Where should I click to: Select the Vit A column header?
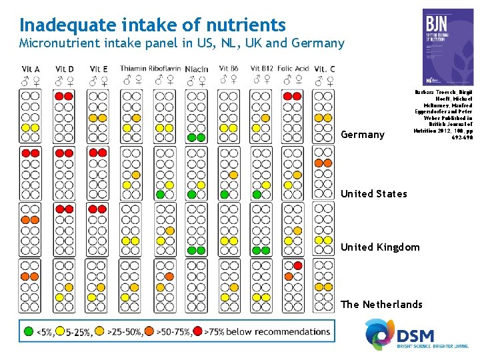pyautogui.click(x=31, y=69)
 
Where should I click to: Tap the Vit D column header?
pyautogui.click(x=65, y=69)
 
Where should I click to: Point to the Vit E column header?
pyautogui.click(x=98, y=69)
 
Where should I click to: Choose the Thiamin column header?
pyautogui.click(x=133, y=68)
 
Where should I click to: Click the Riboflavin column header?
pyautogui.click(x=164, y=68)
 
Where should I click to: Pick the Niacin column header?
pyautogui.click(x=196, y=69)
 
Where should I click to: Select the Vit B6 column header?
pyautogui.click(x=229, y=68)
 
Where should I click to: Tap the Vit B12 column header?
pyautogui.click(x=261, y=68)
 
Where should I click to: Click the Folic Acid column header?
pyautogui.click(x=293, y=68)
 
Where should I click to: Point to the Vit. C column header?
pyautogui.click(x=325, y=69)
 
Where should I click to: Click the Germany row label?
pyautogui.click(x=363, y=135)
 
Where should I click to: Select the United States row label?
pyautogui.click(x=373, y=194)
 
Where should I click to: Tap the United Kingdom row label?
pyautogui.click(x=380, y=247)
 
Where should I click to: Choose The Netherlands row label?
pyautogui.click(x=381, y=305)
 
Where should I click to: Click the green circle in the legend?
pyautogui.click(x=29, y=331)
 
